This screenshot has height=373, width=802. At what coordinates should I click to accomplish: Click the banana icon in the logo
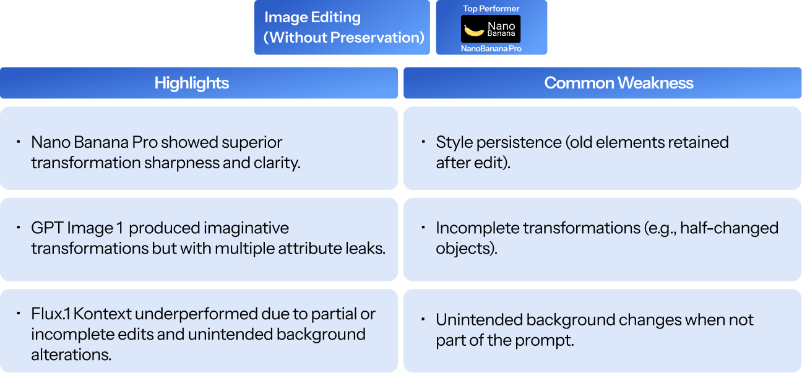pos(474,30)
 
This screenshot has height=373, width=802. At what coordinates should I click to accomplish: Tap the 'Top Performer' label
pos(491,9)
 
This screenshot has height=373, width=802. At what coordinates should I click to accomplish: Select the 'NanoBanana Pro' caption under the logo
pos(491,48)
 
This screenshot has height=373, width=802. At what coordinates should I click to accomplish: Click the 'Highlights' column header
pos(192,83)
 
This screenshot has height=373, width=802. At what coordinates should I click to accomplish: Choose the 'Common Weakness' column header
pos(619,83)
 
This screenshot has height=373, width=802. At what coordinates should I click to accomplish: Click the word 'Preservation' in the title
pos(377,37)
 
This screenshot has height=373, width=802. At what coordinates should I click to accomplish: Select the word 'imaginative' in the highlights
pos(249,228)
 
